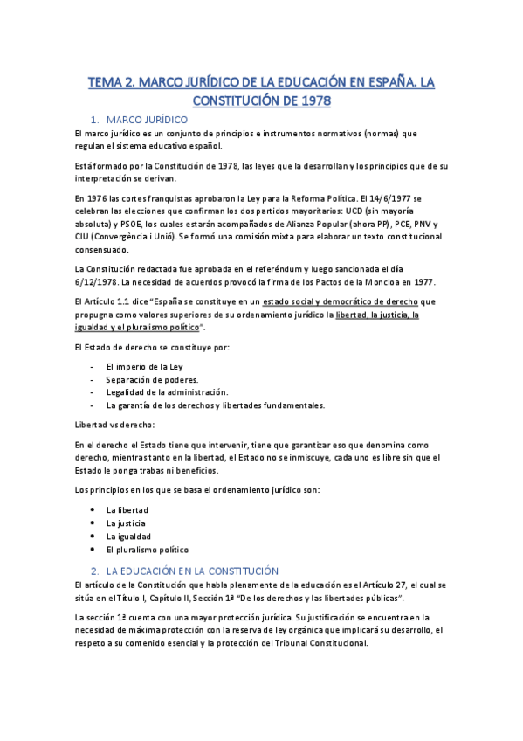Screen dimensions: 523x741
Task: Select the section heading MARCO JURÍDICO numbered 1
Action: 152,118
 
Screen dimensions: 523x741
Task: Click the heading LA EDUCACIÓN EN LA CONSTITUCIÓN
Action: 191,570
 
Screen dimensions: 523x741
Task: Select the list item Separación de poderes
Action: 152,379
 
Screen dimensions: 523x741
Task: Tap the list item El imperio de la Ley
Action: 144,367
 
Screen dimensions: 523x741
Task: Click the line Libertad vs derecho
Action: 115,424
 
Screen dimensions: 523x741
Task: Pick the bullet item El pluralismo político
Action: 147,550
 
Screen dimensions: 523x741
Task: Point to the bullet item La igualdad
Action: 128,536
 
